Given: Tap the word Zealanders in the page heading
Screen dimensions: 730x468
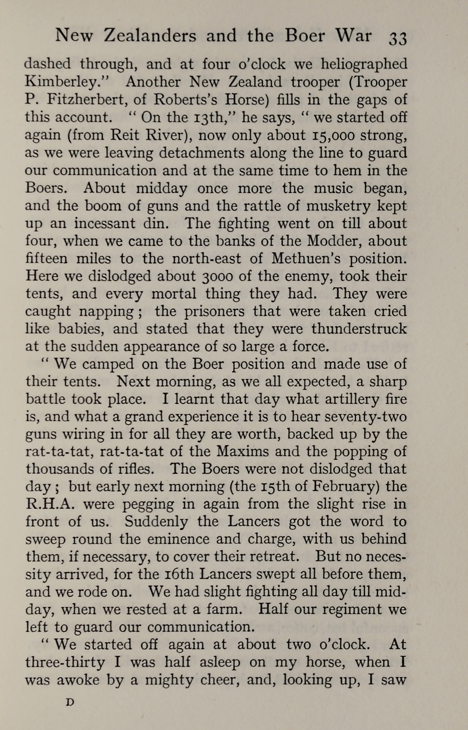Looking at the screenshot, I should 150,36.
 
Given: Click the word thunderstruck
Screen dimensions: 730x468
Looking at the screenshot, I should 359,329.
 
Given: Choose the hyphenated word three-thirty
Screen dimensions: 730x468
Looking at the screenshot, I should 65,663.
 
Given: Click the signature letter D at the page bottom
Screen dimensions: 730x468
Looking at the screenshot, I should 70,702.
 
